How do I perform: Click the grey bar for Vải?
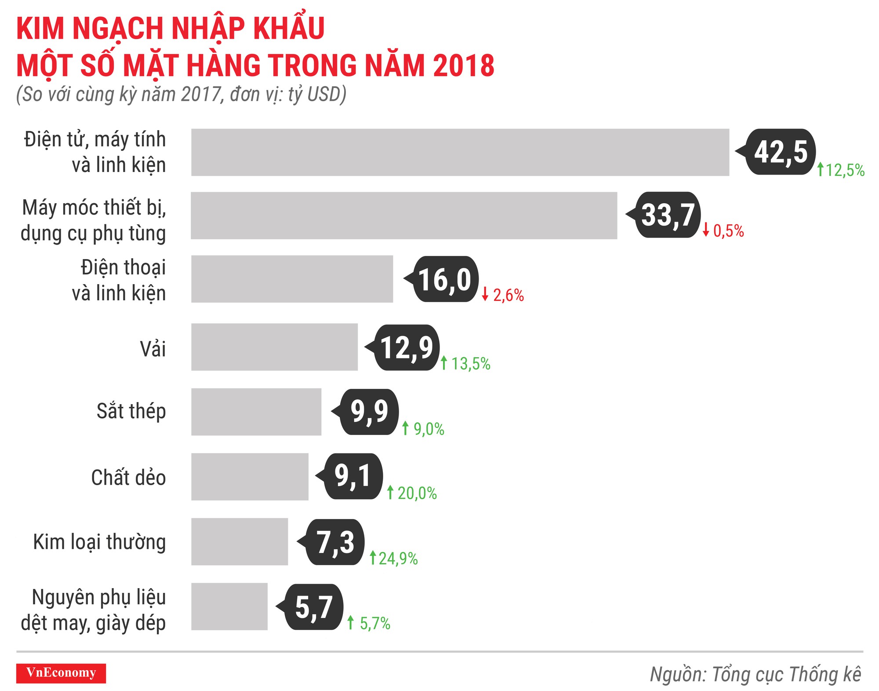(274, 347)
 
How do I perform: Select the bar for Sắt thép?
(256, 412)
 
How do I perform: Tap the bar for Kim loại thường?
(240, 541)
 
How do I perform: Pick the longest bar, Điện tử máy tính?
(460, 152)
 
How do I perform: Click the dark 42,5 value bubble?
(781, 152)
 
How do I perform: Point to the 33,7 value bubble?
(668, 215)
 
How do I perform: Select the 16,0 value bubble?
(445, 279)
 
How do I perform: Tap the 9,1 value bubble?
(353, 476)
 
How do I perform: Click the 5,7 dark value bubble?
(314, 607)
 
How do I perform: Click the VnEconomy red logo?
(61, 673)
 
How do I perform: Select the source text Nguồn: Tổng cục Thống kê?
(755, 674)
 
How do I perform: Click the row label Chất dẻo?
(128, 478)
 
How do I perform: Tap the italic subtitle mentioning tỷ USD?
(181, 95)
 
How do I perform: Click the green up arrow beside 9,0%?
(405, 428)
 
